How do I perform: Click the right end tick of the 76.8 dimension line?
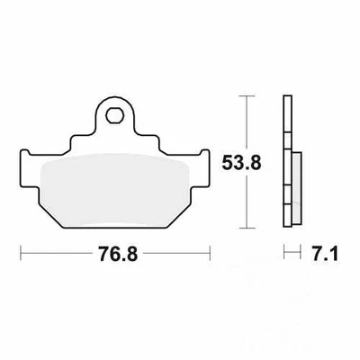211,254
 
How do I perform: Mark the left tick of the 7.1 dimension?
284,254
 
